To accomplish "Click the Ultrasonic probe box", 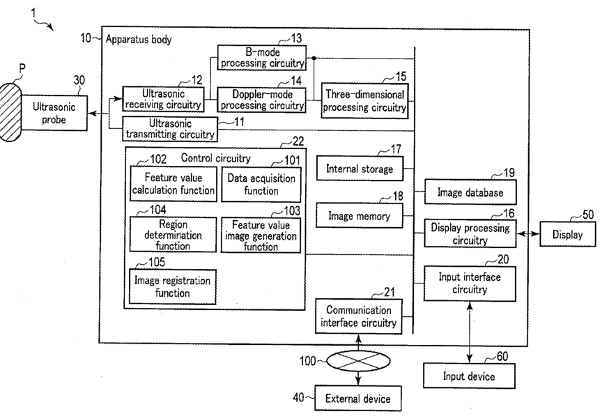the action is (x=54, y=113).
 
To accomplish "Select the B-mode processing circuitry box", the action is (x=262, y=58).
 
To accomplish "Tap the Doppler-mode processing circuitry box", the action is (x=261, y=100).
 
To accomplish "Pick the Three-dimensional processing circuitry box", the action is (x=364, y=100).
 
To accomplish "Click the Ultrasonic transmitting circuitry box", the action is (x=170, y=129).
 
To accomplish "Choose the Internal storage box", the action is (x=360, y=169).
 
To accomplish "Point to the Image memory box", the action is (x=360, y=215).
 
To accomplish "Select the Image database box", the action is (x=470, y=192).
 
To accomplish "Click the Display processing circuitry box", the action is (x=470, y=233).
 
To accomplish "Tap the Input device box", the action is (x=469, y=376).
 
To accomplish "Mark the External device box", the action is (x=357, y=398).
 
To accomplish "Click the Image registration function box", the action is (x=172, y=286).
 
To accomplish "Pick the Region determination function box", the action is (x=173, y=235).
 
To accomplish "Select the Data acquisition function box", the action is (x=261, y=185).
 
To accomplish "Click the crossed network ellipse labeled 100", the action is (x=358, y=361).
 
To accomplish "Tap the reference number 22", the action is (x=298, y=141).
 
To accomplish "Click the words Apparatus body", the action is (x=139, y=39).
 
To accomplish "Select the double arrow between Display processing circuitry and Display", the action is (x=528, y=234).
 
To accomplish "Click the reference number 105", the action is (x=157, y=262).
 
